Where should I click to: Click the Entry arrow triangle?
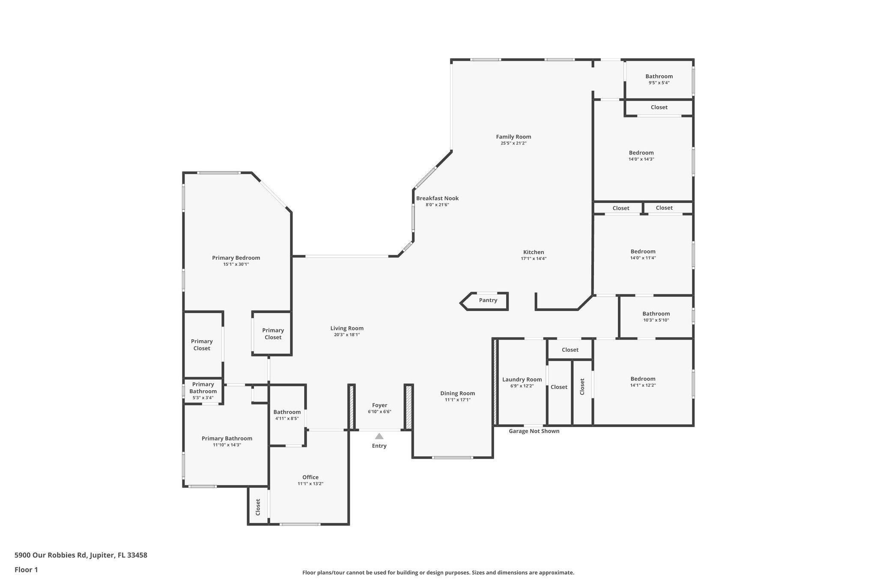[379, 436]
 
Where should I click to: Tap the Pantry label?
[488, 300]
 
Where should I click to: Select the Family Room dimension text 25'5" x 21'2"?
[513, 143]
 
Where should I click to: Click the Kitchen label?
[534, 252]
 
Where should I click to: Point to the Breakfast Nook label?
[437, 199]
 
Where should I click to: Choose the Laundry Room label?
[522, 379]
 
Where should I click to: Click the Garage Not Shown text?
[534, 431]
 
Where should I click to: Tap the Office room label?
[310, 477]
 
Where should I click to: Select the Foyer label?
[379, 405]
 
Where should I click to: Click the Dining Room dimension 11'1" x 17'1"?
[457, 400]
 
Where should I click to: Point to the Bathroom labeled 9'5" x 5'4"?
[659, 77]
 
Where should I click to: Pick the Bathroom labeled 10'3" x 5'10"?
[656, 314]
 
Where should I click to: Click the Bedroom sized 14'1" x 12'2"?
[643, 379]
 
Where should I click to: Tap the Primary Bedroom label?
[236, 258]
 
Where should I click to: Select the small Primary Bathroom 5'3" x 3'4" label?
[203, 388]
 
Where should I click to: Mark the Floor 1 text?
[26, 570]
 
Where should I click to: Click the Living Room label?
[347, 329]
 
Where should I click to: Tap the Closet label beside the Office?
[258, 507]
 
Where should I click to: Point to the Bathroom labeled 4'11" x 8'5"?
[287, 412]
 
